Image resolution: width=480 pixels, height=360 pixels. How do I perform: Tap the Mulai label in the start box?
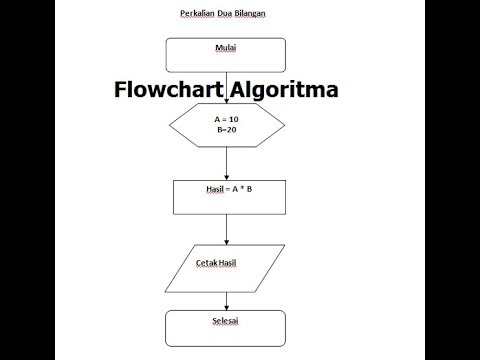click(x=225, y=48)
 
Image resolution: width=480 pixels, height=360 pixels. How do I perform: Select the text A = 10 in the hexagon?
click(x=226, y=119)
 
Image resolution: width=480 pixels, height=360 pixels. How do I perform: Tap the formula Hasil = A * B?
click(x=226, y=187)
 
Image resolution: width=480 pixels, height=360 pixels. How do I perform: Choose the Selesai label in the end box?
click(x=225, y=321)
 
